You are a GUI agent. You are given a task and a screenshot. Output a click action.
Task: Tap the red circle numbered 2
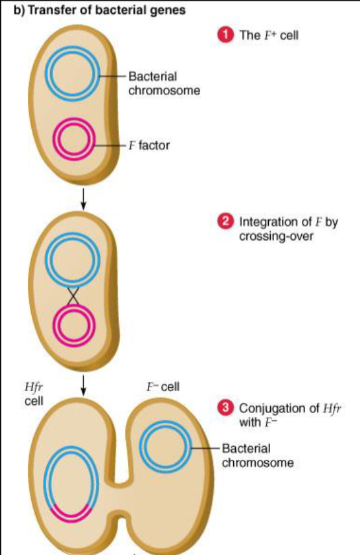click(x=226, y=223)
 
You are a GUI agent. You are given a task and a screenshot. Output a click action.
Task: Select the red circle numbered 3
click(x=226, y=408)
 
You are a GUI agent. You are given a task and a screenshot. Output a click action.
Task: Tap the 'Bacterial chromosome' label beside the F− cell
click(x=256, y=455)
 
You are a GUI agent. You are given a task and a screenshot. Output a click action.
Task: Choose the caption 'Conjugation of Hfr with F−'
click(x=285, y=414)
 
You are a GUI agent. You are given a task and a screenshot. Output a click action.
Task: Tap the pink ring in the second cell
click(x=74, y=325)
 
